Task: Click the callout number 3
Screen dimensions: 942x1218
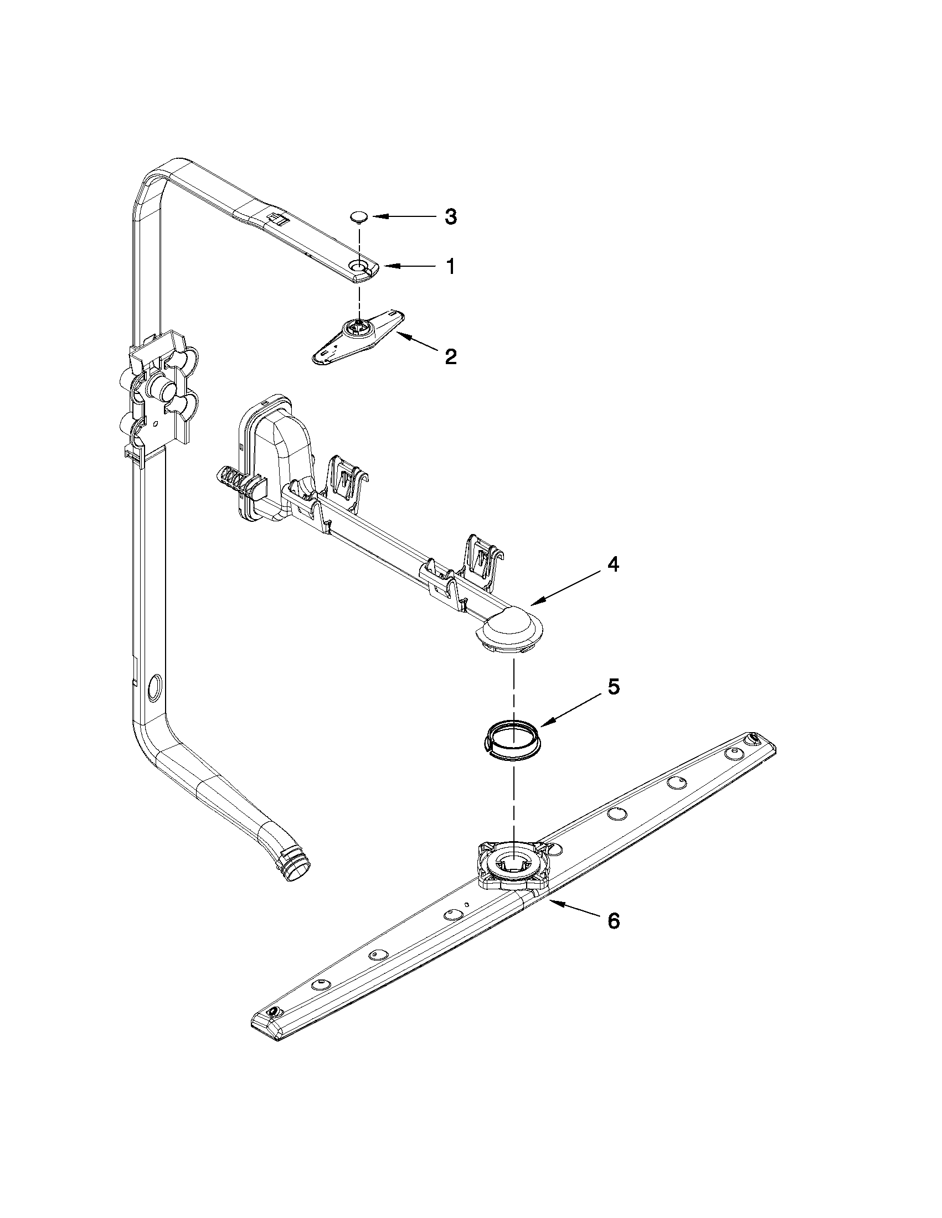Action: [x=451, y=217]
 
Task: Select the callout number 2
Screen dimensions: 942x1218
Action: [x=450, y=356]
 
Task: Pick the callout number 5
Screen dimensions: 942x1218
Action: [x=613, y=687]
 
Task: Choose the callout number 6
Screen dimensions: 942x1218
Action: [x=613, y=921]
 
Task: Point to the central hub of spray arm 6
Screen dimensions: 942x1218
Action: [x=512, y=864]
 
